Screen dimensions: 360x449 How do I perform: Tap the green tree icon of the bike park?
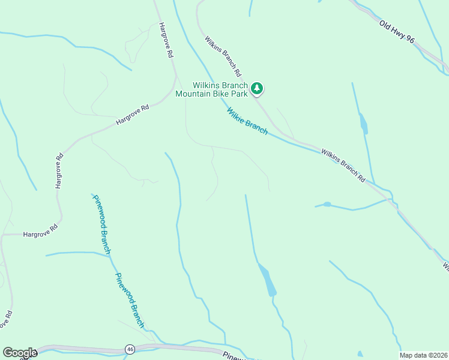tap(257, 89)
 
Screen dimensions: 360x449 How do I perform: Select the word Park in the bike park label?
tap(239, 94)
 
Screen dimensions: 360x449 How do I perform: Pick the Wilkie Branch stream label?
tap(247, 121)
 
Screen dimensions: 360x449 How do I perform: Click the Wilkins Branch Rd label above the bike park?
tap(222, 56)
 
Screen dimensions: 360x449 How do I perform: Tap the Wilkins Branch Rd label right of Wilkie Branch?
tap(342, 165)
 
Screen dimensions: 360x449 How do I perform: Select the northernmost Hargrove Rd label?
tap(166, 40)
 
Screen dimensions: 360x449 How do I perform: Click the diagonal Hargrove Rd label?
tap(132, 115)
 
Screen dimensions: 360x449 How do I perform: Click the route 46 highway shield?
tap(129, 349)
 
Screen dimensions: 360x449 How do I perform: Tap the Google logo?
tap(19, 353)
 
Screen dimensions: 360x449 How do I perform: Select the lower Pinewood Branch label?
tap(130, 300)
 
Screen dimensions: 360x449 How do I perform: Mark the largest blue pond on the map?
tap(268, 280)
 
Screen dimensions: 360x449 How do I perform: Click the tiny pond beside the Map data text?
tap(360, 354)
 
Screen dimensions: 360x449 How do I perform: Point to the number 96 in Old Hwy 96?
tap(409, 40)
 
